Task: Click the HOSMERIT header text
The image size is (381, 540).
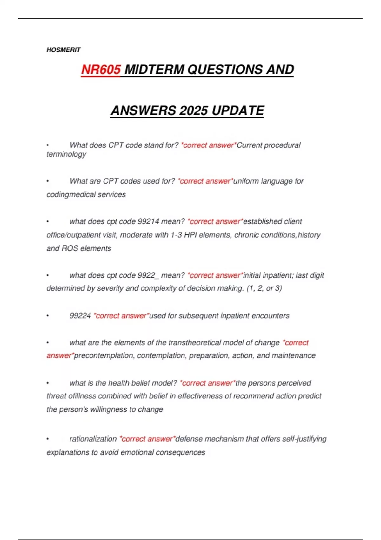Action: [x=63, y=50]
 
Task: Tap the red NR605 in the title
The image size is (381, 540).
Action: [x=101, y=70]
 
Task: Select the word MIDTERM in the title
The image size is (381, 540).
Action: [x=154, y=70]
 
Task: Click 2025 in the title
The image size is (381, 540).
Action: [x=194, y=111]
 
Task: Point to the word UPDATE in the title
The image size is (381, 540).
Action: [x=238, y=111]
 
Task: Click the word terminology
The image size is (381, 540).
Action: [x=66, y=154]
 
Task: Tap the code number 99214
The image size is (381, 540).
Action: [x=148, y=221]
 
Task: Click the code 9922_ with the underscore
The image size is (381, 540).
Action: [x=148, y=275]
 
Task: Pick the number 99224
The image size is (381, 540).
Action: [x=80, y=316]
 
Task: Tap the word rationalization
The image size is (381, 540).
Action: [x=93, y=439]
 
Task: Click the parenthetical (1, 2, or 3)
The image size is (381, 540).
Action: [x=264, y=288]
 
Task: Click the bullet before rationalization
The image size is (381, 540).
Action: [x=48, y=439]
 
